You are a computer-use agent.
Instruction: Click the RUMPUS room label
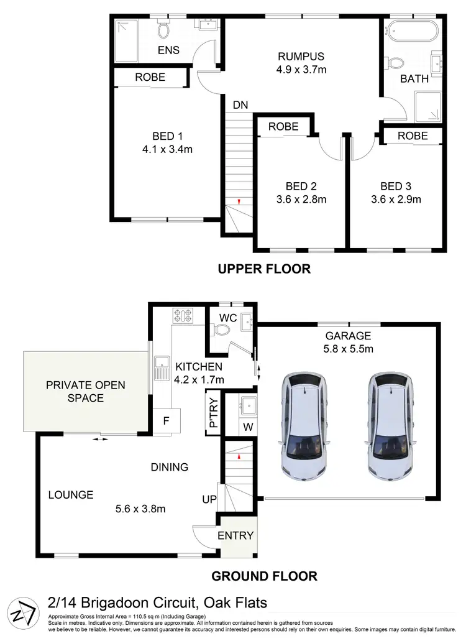point(301,57)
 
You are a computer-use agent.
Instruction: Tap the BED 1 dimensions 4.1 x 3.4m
point(167,149)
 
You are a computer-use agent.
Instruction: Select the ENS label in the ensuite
point(168,50)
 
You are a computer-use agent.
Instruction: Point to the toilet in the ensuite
point(164,30)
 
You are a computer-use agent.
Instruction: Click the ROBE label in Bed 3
point(413,136)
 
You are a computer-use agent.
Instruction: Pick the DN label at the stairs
point(240,105)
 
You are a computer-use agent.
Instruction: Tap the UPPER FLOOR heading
point(263,269)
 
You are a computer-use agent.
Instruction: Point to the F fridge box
point(166,420)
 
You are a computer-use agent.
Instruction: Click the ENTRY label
point(236,536)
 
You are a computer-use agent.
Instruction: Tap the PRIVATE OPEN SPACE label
point(85,391)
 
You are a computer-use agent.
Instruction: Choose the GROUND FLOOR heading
point(264,576)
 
